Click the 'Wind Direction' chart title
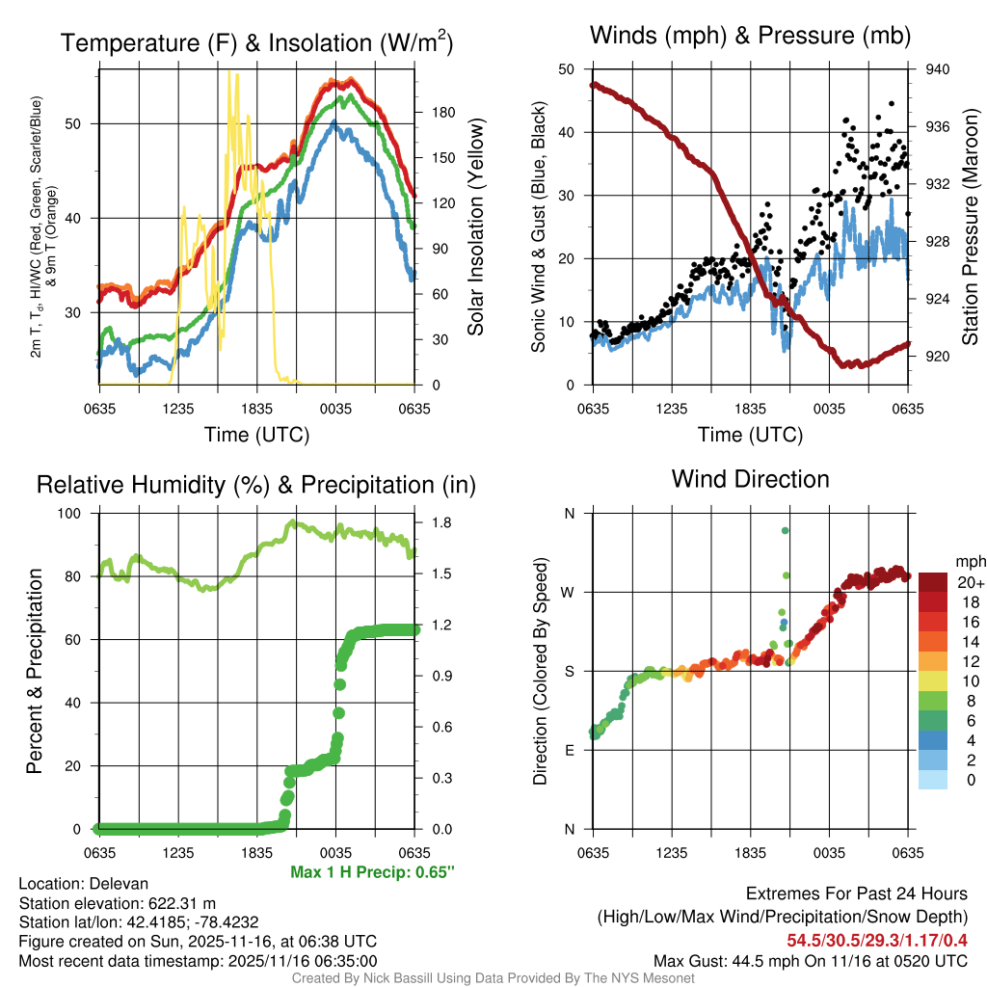click(x=750, y=479)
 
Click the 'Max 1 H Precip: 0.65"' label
click(x=372, y=872)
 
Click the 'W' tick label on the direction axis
click(x=569, y=592)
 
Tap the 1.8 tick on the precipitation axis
click(x=439, y=522)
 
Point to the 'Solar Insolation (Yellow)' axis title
click(x=474, y=227)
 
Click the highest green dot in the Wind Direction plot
click(x=786, y=530)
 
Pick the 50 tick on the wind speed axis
click(x=568, y=69)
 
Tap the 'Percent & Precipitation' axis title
click(x=35, y=671)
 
